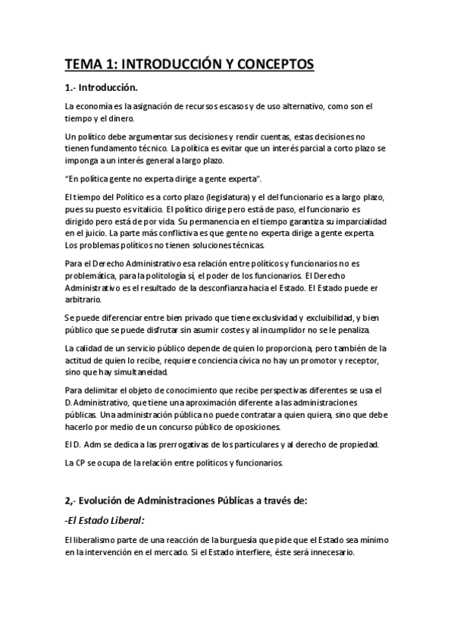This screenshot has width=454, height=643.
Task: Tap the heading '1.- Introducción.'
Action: click(101, 87)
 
